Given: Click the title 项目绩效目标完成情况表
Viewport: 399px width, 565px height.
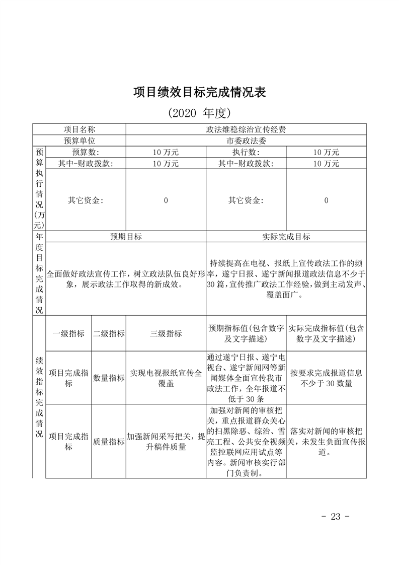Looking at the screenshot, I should tap(199, 92).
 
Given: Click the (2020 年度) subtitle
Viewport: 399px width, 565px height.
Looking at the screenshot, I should tap(199, 112).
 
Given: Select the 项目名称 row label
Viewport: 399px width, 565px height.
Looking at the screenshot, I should tap(79, 129).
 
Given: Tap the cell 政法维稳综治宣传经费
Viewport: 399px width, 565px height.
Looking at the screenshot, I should tap(246, 129).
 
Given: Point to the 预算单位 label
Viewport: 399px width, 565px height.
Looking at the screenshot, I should tap(79, 141).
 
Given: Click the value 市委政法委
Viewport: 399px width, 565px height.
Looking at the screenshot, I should tap(246, 141).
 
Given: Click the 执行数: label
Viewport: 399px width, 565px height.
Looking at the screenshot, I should tap(246, 152).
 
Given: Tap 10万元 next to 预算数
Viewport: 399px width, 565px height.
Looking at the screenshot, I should tap(166, 152).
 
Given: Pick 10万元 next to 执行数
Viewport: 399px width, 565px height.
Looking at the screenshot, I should tap(326, 152).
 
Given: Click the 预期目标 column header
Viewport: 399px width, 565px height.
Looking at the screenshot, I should tap(126, 237).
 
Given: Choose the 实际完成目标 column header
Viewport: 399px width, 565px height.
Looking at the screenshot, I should tap(286, 237).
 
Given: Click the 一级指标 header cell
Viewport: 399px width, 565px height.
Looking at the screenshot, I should tap(69, 333).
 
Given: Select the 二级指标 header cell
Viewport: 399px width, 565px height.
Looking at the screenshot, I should tap(109, 333).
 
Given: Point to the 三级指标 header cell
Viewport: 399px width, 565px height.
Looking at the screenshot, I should tap(166, 333).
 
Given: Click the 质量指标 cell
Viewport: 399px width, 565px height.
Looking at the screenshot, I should tap(109, 442).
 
